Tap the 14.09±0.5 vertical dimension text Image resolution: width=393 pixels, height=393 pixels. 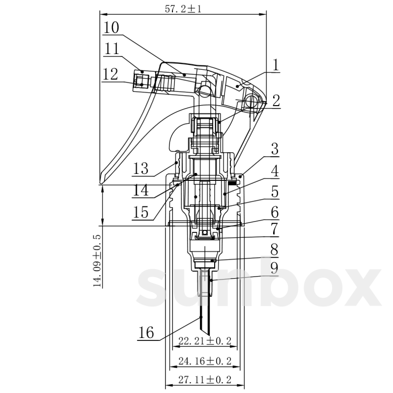coord(97,261)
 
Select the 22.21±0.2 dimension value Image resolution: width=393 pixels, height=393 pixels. coord(205,341)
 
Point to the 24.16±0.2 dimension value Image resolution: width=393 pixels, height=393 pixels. coord(205,361)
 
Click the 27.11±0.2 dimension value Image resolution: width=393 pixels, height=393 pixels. coord(205,380)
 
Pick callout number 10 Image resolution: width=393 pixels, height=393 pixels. coord(111,28)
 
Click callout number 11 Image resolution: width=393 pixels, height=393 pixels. coord(111,48)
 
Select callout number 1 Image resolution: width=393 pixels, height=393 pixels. coord(275,65)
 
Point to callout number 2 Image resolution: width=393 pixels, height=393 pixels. coord(276,101)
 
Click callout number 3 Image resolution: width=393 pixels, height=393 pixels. coord(275,149)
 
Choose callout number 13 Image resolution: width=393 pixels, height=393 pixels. coord(140,168)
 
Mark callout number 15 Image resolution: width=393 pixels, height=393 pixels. coord(140,212)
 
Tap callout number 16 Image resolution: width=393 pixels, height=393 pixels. coord(146,332)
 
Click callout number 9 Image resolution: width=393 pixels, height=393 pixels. coord(274,269)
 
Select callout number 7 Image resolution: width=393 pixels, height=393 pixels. coord(274,229)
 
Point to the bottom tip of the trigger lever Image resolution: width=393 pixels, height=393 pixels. coord(101,182)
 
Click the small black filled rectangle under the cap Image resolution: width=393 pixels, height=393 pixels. coord(232,183)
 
